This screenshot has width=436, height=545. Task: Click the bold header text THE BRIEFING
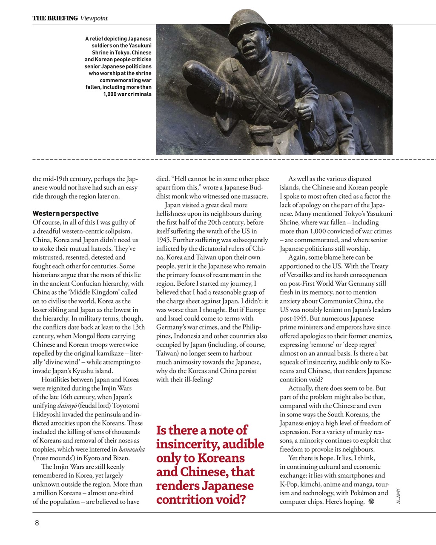click(x=55, y=18)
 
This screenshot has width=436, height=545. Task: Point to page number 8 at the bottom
click(x=37, y=522)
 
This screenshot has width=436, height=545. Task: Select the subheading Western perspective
click(x=65, y=213)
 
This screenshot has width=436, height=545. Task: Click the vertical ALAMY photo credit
click(x=399, y=496)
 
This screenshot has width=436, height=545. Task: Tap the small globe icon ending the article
click(x=371, y=502)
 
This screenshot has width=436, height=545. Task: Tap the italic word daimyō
click(x=67, y=405)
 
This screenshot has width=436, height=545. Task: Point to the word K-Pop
click(x=290, y=484)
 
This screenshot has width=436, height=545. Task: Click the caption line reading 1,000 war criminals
click(x=127, y=94)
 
